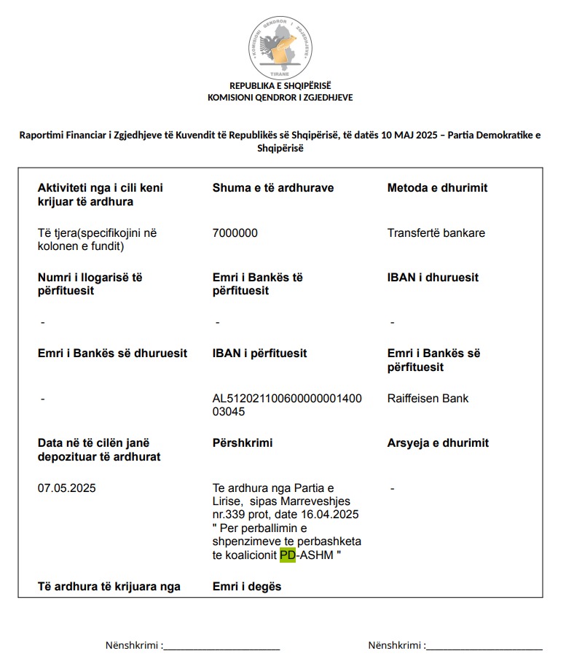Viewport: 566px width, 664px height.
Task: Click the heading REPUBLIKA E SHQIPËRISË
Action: (280, 85)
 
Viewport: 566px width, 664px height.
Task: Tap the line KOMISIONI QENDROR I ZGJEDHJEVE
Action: (280, 98)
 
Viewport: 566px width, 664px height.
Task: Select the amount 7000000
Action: (235, 233)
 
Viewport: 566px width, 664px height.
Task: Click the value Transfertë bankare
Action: (436, 233)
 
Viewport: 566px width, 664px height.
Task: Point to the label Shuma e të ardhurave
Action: (273, 187)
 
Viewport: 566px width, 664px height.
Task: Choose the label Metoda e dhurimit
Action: (437, 187)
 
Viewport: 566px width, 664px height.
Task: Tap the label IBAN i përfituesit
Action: (259, 353)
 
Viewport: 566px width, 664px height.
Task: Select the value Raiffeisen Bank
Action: (428, 398)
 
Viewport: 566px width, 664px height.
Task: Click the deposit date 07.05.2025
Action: (67, 488)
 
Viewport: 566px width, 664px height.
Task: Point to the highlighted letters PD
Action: (288, 555)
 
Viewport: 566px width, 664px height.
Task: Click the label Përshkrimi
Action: (243, 442)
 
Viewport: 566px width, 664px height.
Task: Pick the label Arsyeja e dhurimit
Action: (438, 442)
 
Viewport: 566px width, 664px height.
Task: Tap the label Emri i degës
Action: (247, 587)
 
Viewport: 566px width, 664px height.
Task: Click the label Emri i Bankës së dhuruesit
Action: (112, 353)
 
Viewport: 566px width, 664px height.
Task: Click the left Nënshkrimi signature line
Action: (222, 646)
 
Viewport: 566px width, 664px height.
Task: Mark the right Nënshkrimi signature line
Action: (484, 646)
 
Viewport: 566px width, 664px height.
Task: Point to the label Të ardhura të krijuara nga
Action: (109, 587)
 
